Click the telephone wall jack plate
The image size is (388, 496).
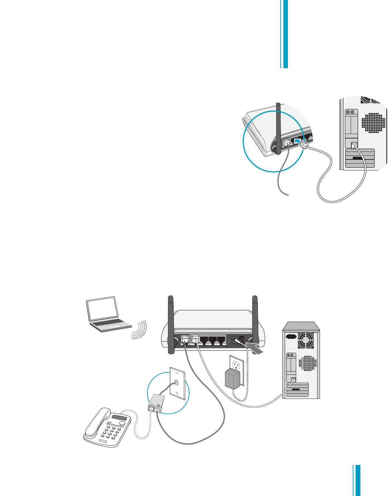click(178, 382)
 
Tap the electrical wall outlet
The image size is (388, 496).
click(237, 365)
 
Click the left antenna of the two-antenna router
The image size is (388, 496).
click(170, 324)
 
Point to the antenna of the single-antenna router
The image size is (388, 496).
click(278, 127)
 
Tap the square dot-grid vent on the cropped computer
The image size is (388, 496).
click(373, 124)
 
